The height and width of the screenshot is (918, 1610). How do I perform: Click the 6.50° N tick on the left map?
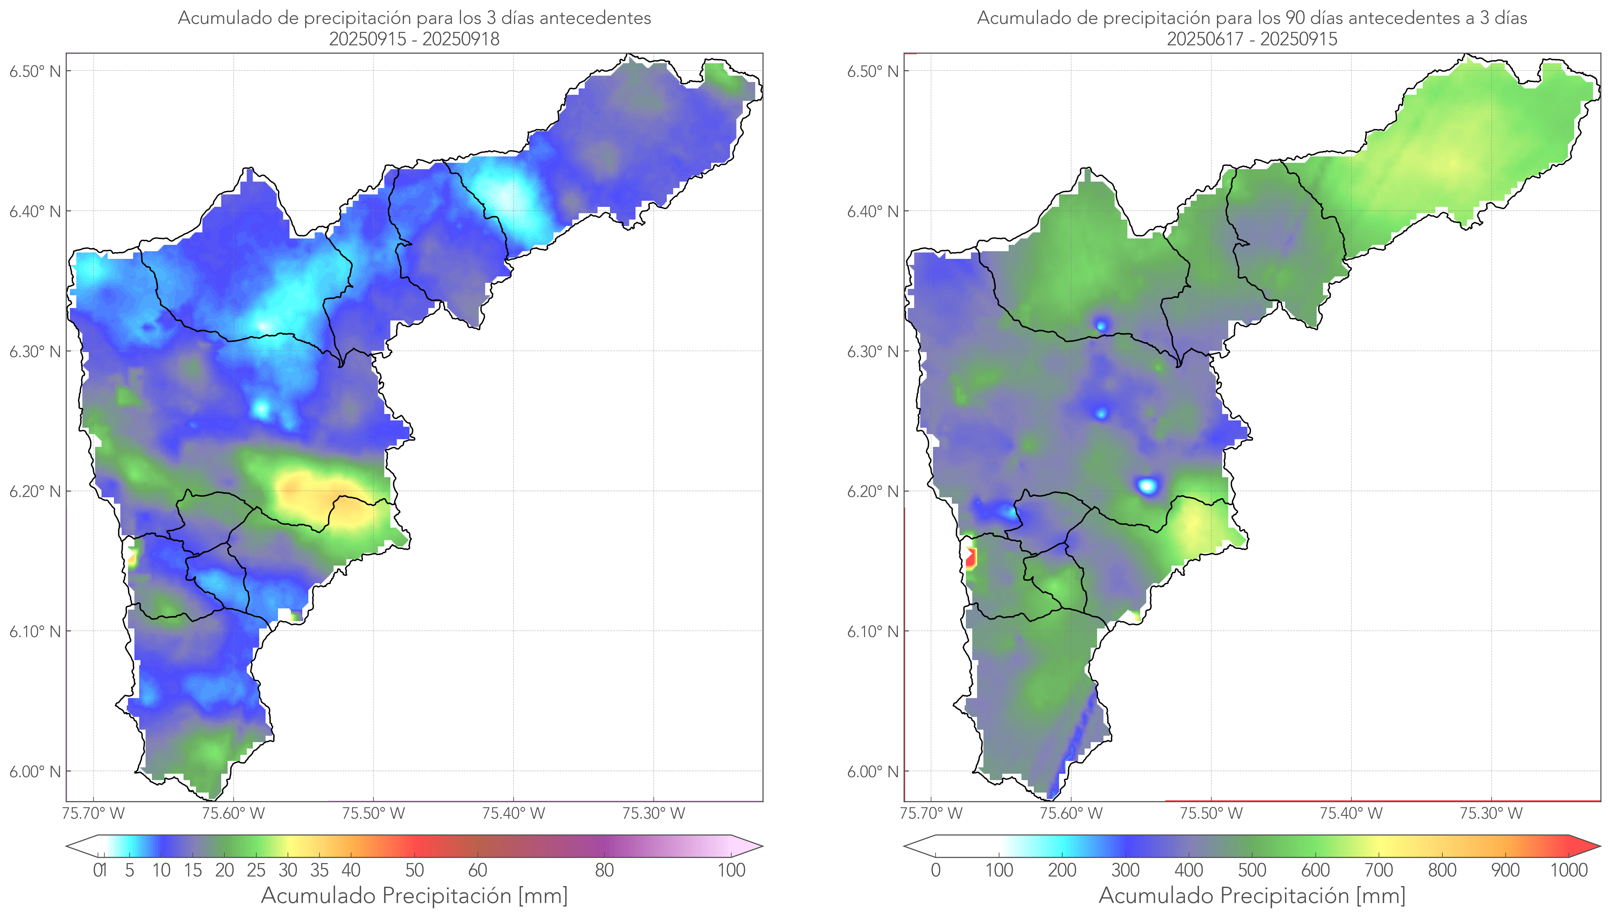pyautogui.click(x=35, y=71)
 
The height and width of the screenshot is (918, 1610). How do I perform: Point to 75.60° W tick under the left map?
pyautogui.click(x=233, y=813)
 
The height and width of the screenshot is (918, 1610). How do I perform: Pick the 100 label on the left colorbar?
pyautogui.click(x=731, y=871)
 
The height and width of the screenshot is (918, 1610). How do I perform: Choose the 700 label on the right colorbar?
pyautogui.click(x=1379, y=871)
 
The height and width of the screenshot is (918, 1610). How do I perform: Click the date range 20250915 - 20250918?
pyautogui.click(x=414, y=39)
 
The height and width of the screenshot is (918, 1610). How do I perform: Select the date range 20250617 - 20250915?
pyautogui.click(x=1252, y=39)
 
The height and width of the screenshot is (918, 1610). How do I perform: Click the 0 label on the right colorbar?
pyautogui.click(x=936, y=871)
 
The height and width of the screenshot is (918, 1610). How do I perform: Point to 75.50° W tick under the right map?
pyautogui.click(x=1211, y=813)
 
